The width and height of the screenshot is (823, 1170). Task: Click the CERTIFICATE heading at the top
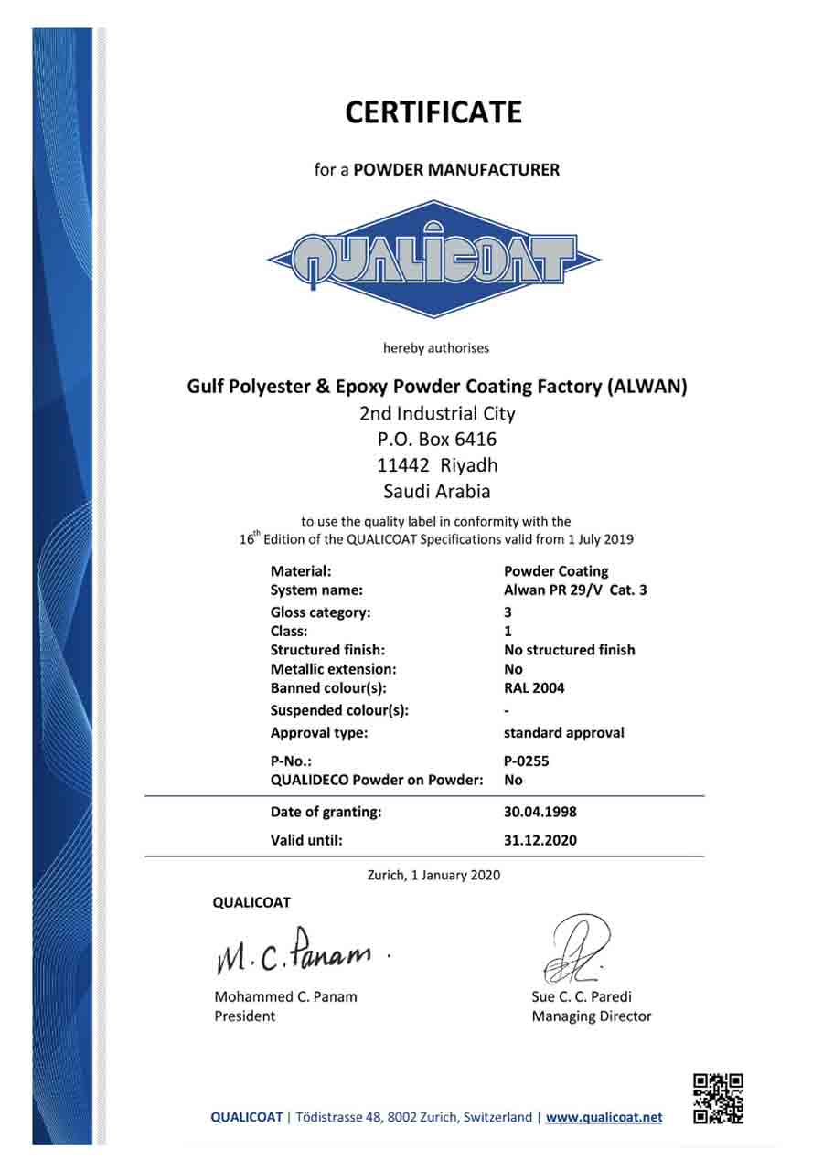pos(433,112)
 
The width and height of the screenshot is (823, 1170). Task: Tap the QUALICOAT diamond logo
pos(433,260)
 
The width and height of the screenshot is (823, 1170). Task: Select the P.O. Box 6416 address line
pos(437,439)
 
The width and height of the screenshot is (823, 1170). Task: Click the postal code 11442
pos(403,464)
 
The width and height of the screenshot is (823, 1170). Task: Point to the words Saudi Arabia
pos(437,491)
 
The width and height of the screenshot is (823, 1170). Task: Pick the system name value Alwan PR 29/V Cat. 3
pos(575,590)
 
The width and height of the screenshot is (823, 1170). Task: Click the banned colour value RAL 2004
pos(534,688)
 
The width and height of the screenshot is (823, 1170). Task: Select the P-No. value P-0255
pos(527,760)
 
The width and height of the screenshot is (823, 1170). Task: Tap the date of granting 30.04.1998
pos(540,812)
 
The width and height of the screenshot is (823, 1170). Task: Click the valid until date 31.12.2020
pos(540,840)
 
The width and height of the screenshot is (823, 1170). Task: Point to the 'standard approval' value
pos(564,733)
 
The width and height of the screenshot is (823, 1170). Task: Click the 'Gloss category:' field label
pos(320,612)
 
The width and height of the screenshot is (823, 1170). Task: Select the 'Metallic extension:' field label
pos(333,669)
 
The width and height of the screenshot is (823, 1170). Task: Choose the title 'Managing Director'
pos(591,1016)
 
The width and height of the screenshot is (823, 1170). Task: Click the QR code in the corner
pos(718,1098)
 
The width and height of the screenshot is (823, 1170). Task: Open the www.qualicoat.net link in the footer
pos(604,1117)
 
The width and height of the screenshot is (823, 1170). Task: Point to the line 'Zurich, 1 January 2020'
pos(433,875)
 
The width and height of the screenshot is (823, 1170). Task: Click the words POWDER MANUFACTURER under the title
pos(456,169)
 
